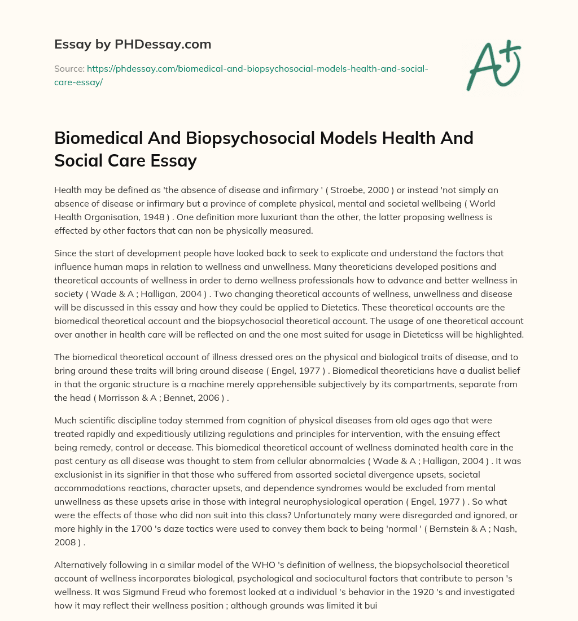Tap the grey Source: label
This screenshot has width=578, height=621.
(69, 69)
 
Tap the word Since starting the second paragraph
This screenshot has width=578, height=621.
(66, 253)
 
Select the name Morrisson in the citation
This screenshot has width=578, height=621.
(123, 398)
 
